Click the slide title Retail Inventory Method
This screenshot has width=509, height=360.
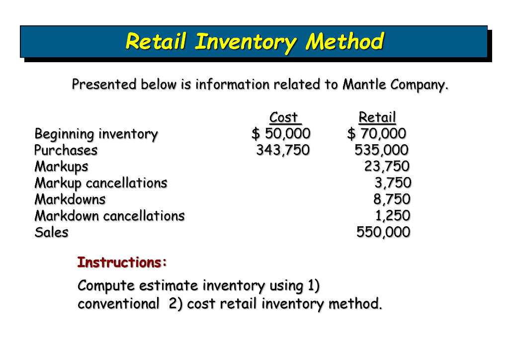click(254, 41)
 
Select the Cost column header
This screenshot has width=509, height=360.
click(284, 117)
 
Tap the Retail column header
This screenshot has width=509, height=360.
click(377, 117)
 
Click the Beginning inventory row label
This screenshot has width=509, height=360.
click(96, 134)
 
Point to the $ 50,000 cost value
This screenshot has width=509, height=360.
click(281, 134)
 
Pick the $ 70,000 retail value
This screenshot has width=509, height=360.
click(377, 134)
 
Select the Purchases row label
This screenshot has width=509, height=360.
click(66, 150)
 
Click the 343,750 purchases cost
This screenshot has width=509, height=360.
click(283, 150)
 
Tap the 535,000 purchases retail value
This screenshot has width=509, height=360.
click(382, 150)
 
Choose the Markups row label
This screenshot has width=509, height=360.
click(61, 167)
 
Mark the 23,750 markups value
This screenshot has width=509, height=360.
click(387, 167)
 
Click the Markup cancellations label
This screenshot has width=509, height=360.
click(101, 183)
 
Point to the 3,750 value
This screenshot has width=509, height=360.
click(393, 183)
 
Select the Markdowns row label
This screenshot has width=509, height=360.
click(70, 199)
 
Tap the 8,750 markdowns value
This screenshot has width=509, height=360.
click(392, 199)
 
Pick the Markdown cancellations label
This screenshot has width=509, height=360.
click(109, 216)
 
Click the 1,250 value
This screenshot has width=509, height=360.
click(393, 216)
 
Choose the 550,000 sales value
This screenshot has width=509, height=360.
click(383, 232)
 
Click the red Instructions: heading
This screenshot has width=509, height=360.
click(122, 262)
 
